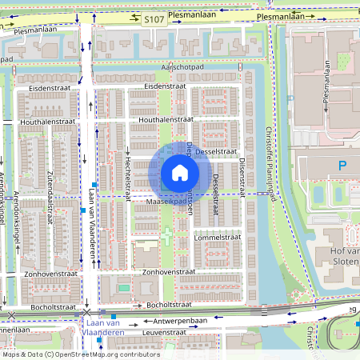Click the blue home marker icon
[180, 173]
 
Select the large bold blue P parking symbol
[343, 167]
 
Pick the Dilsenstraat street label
[242, 175]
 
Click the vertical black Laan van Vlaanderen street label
[94, 224]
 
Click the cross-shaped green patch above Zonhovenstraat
[166, 237]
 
